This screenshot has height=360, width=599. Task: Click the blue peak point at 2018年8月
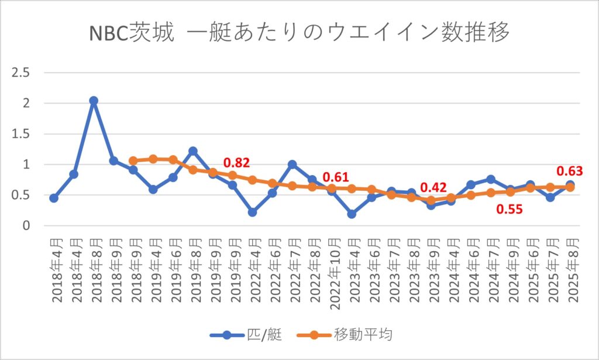[94, 101]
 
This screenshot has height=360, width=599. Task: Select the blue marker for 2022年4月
[252, 212]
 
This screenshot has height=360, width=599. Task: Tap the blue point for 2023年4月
[352, 214]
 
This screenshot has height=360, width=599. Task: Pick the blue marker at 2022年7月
[292, 164]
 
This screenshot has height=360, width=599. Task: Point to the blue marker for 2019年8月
[192, 151]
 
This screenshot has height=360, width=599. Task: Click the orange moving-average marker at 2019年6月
[173, 160]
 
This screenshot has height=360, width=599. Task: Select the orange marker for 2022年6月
[272, 183]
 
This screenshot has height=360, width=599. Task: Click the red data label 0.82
[237, 162]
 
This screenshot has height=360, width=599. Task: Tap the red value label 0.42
[434, 187]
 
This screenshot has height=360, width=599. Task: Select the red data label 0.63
[569, 171]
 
